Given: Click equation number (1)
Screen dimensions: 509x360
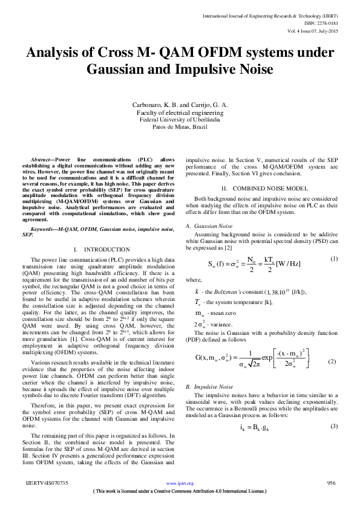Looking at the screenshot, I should click(x=333, y=259).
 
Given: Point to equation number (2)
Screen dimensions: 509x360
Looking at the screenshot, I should click(x=332, y=361).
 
